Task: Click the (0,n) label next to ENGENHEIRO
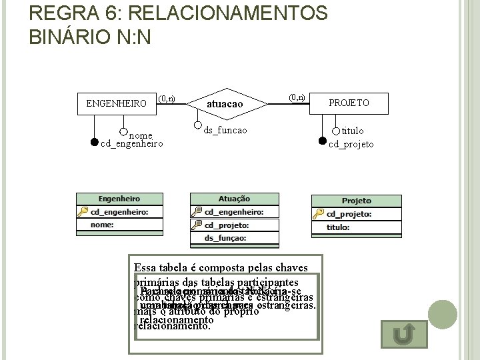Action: point(167,98)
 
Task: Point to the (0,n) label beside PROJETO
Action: point(297,97)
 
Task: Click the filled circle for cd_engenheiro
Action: point(93,142)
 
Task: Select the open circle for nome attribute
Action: point(123,132)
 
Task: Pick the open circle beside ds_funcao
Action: point(198,125)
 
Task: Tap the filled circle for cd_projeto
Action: point(323,141)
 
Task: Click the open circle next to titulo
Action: point(336,130)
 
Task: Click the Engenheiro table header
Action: point(119,199)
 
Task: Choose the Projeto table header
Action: point(356,201)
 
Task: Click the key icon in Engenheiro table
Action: point(83,211)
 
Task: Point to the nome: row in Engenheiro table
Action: point(119,225)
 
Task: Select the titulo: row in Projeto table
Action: point(356,227)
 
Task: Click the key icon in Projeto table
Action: point(319,214)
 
